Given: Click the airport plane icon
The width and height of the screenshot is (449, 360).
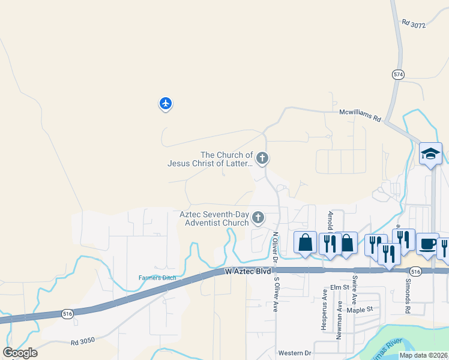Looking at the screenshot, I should pyautogui.click(x=166, y=104).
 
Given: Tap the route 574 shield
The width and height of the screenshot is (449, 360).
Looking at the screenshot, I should pyautogui.click(x=398, y=74).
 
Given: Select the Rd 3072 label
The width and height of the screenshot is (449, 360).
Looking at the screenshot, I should pyautogui.click(x=414, y=24).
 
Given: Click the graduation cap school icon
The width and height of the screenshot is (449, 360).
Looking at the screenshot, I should pyautogui.click(x=430, y=154).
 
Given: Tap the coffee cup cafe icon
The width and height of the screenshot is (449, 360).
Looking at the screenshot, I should pyautogui.click(x=427, y=244).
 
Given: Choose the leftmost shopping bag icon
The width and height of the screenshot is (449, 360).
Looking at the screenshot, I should pyautogui.click(x=305, y=243).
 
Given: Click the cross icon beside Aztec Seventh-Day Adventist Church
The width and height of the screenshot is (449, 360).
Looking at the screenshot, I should pyautogui.click(x=258, y=217).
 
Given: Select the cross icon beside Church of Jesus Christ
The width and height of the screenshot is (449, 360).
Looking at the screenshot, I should pyautogui.click(x=261, y=158).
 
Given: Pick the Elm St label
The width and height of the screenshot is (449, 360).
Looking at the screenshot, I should pyautogui.click(x=339, y=287).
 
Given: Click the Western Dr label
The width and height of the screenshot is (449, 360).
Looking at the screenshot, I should pyautogui.click(x=294, y=353).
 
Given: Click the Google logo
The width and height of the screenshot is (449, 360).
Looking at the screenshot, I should pyautogui.click(x=20, y=353).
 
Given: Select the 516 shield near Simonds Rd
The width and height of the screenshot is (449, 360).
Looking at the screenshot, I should pyautogui.click(x=417, y=272).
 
